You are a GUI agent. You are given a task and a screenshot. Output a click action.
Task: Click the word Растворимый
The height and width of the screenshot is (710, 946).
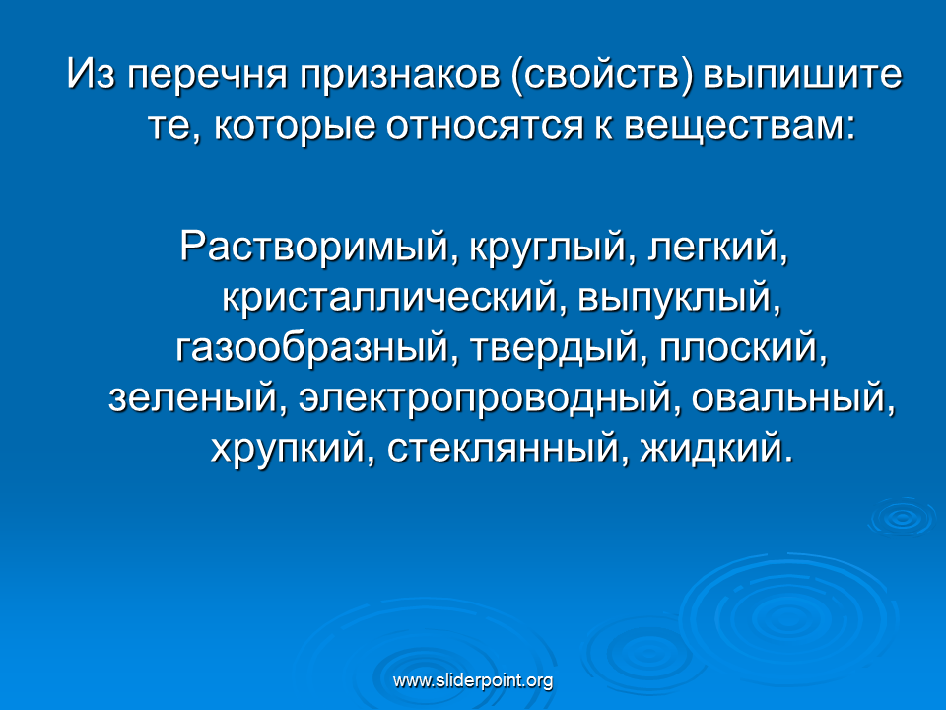[313, 248]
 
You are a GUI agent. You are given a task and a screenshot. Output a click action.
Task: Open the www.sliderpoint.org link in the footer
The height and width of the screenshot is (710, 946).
[473, 681]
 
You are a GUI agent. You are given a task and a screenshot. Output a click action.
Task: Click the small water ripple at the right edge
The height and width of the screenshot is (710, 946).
[904, 518]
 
